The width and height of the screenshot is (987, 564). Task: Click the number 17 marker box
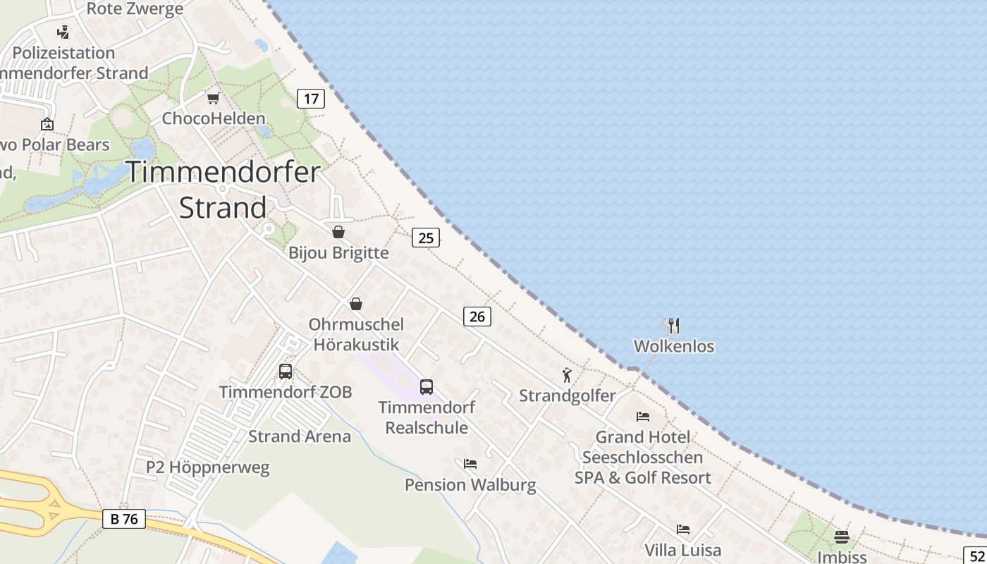(x=311, y=98)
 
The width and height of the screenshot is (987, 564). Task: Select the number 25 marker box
(x=426, y=238)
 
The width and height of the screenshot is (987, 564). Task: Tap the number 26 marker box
(x=477, y=317)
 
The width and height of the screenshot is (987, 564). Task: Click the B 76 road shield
(x=124, y=520)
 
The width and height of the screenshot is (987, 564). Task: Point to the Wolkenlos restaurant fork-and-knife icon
(x=674, y=325)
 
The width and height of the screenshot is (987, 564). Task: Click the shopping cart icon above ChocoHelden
(x=213, y=98)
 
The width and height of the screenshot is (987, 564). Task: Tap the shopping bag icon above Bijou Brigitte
(x=338, y=232)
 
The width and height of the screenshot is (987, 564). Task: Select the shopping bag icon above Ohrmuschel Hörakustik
(x=356, y=304)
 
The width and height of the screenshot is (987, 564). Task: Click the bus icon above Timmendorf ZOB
(x=286, y=372)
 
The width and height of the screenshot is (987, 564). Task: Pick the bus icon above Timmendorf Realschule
(x=427, y=386)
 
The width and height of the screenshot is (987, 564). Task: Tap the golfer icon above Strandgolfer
(x=567, y=375)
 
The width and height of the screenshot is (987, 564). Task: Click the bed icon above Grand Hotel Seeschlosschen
(x=643, y=416)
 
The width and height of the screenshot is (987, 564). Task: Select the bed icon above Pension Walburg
(x=470, y=464)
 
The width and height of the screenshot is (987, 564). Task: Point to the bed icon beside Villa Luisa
(x=682, y=529)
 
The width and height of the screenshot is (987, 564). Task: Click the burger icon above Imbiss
(x=841, y=537)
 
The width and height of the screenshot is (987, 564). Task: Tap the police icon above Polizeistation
(x=63, y=32)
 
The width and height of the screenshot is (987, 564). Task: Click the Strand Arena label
(x=300, y=436)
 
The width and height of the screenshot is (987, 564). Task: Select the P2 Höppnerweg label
(x=207, y=467)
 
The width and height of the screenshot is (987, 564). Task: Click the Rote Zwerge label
(x=135, y=9)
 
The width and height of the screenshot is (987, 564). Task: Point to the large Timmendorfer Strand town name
(x=223, y=190)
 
